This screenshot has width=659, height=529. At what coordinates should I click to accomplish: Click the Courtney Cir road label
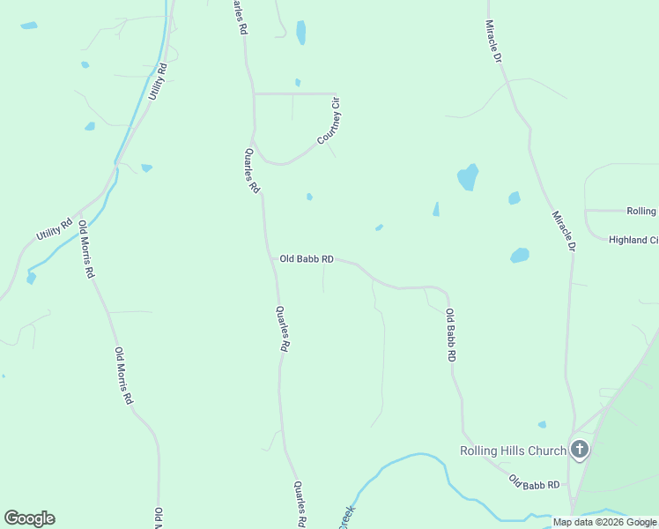pyautogui.click(x=329, y=123)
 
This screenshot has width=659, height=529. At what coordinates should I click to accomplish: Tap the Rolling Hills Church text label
pyautogui.click(x=513, y=451)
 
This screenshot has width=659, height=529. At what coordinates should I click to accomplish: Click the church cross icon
pyautogui.click(x=580, y=450)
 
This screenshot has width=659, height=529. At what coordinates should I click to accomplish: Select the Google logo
pyautogui.click(x=29, y=518)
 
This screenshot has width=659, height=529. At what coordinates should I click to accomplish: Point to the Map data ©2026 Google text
pyautogui.click(x=604, y=523)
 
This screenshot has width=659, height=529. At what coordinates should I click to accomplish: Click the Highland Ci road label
pyautogui.click(x=633, y=240)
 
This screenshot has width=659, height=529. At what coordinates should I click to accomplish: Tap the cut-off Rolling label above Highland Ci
pyautogui.click(x=641, y=212)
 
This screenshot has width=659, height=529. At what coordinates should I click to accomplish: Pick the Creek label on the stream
pyautogui.click(x=347, y=517)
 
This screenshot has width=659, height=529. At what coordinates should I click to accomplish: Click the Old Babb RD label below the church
pyautogui.click(x=534, y=484)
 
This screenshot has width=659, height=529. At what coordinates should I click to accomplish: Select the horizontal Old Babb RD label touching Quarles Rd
pyautogui.click(x=307, y=259)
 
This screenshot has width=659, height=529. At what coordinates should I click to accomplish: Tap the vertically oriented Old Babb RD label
pyautogui.click(x=450, y=335)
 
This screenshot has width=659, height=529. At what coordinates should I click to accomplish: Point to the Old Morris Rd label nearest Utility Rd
pyautogui.click(x=85, y=250)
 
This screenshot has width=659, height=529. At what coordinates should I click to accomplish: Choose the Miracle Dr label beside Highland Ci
pyautogui.click(x=563, y=231)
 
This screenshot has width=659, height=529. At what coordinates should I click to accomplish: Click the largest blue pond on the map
pyautogui.click(x=468, y=177)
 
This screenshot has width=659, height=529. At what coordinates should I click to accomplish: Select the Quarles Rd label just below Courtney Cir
pyautogui.click(x=252, y=170)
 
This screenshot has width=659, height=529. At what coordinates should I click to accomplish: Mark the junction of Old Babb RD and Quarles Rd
pyautogui.click(x=273, y=259)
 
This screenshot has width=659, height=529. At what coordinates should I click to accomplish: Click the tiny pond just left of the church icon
pyautogui.click(x=542, y=424)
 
